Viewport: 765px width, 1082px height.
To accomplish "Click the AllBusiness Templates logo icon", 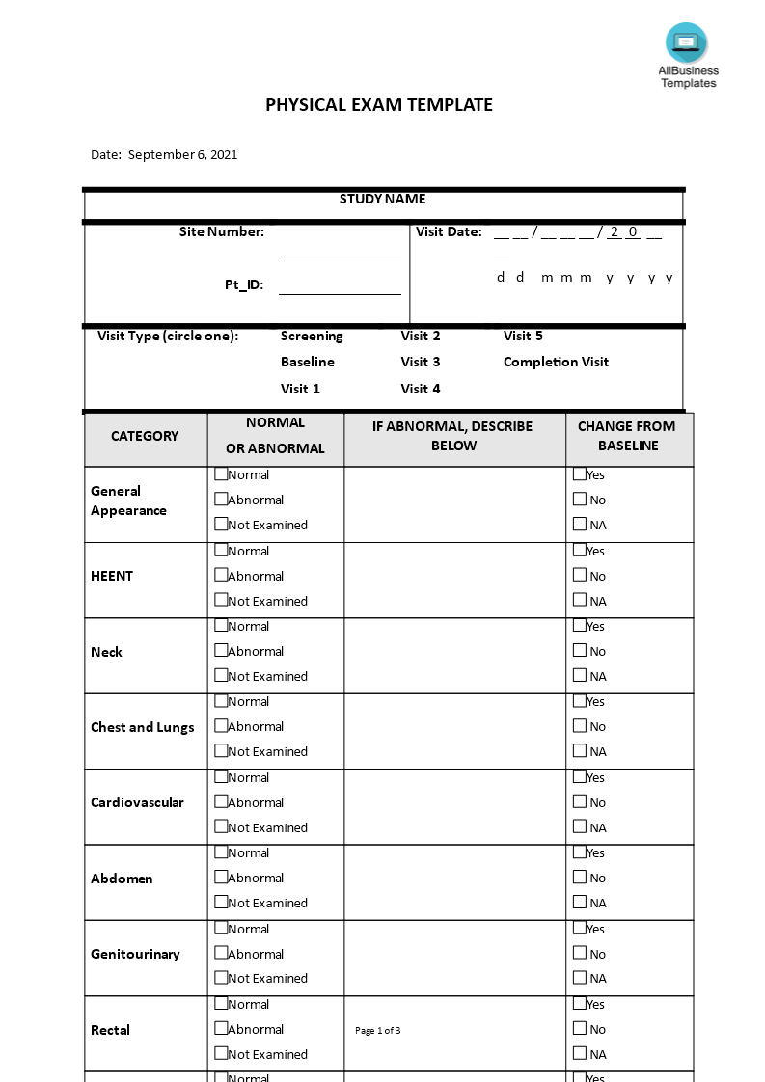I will point(686,42).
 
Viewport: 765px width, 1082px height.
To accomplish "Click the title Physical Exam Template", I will point(379,105).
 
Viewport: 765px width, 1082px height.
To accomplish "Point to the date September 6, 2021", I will point(182,154).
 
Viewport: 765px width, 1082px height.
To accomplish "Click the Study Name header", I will point(382,199).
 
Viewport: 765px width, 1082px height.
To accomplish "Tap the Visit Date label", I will point(449,231).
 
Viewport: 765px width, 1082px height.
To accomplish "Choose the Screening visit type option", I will point(312,336).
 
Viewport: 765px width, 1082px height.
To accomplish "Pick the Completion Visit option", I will point(556,362).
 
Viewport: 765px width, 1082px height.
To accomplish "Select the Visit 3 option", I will point(421,362).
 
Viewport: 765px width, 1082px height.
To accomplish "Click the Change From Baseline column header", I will point(627,436).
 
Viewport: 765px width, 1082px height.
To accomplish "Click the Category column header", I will point(145,436).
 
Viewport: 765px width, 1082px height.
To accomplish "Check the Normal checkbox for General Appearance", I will point(221,473).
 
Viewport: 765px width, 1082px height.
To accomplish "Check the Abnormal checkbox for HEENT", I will point(221,575).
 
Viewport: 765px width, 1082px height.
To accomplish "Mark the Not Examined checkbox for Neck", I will point(221,675).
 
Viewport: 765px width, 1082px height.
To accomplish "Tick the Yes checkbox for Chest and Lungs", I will point(579,701).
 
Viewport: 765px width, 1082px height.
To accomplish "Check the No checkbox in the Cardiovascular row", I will point(579,801).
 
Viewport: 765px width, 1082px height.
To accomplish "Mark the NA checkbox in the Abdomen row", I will point(579,902).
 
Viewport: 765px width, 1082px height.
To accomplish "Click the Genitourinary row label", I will point(135,954).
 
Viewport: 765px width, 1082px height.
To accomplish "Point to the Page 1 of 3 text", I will point(377,1030).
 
